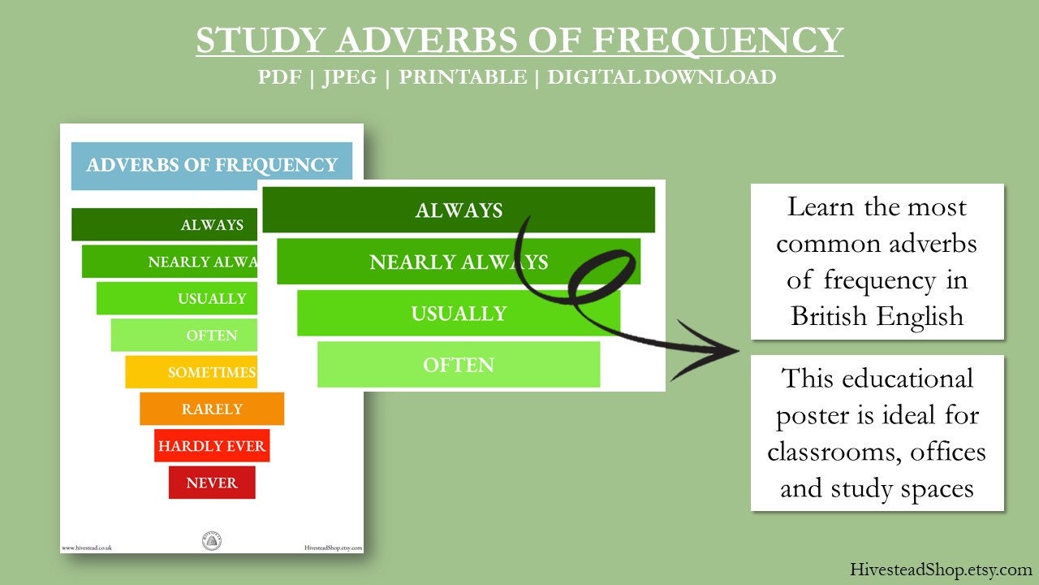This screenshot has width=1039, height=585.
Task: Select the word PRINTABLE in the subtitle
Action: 462,77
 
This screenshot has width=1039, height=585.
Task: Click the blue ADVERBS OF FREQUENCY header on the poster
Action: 212,166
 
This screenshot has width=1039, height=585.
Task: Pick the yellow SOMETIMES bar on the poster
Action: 192,372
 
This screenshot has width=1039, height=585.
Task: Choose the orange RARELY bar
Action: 212,409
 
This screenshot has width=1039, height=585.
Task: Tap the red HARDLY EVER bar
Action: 212,446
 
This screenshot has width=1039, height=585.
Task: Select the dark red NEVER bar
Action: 212,483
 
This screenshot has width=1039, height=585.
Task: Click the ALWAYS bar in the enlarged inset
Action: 459,210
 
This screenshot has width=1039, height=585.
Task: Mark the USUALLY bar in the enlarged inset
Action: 459,314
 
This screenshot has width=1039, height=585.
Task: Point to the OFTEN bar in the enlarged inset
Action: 459,365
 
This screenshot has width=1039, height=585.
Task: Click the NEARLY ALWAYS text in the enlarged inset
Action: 459,262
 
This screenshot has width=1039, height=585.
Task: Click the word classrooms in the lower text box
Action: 822,451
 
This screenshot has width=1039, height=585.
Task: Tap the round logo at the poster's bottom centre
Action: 211,541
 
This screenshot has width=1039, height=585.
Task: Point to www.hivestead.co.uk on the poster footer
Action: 87,548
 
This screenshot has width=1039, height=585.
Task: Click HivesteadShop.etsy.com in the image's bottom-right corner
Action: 941,570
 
